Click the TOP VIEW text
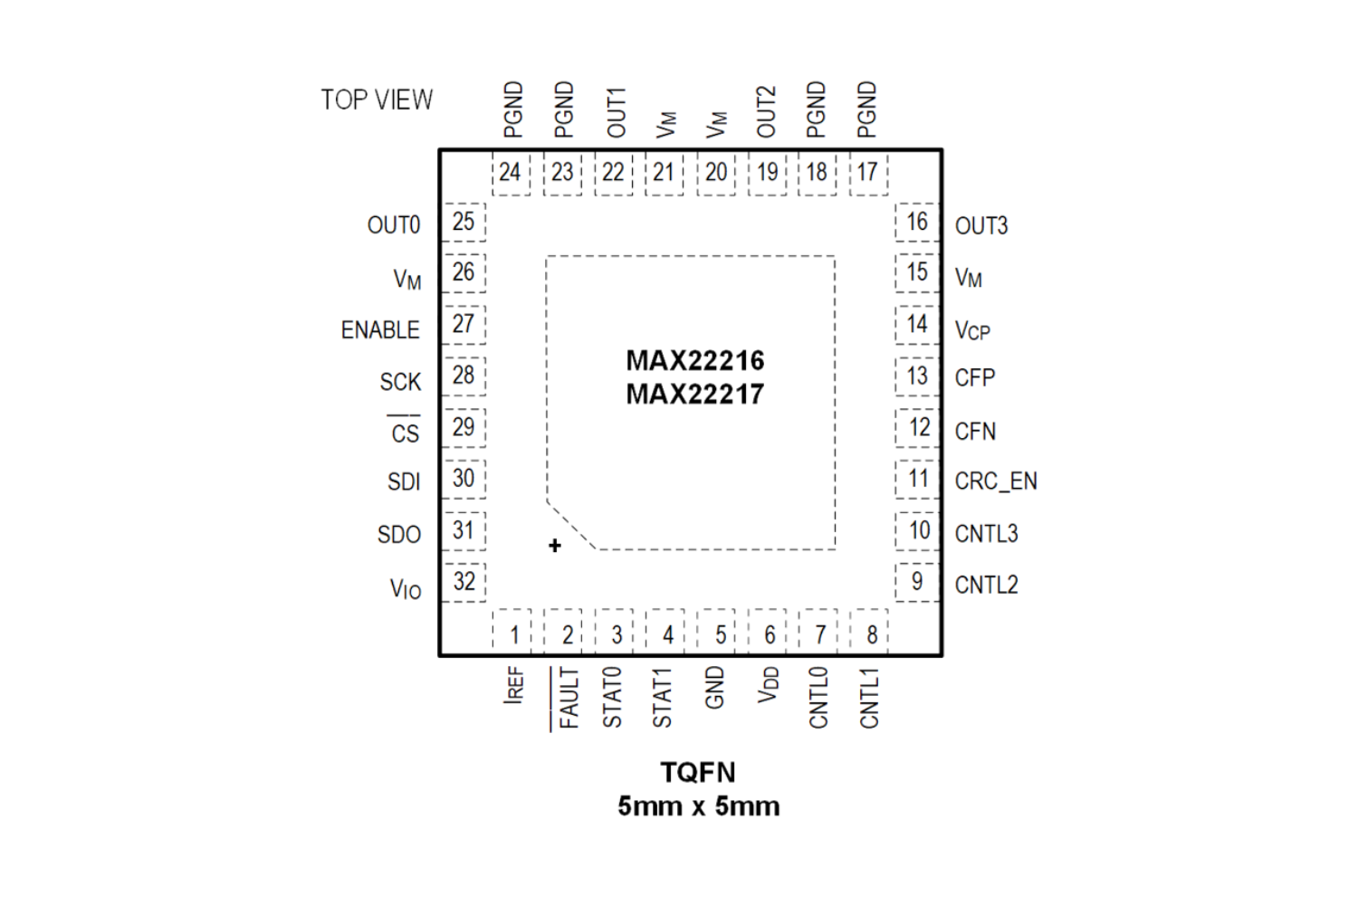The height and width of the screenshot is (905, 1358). pyautogui.click(x=377, y=100)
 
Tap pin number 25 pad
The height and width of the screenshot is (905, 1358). pyautogui.click(x=464, y=222)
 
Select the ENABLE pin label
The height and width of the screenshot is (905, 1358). pyautogui.click(x=380, y=330)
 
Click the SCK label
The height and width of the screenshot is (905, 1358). pyautogui.click(x=400, y=382)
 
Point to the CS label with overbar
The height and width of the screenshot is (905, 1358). pyautogui.click(x=405, y=433)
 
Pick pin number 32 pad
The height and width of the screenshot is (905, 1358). pyautogui.click(x=464, y=581)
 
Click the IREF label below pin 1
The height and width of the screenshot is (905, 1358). pyautogui.click(x=513, y=685)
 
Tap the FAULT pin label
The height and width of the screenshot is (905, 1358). pyautogui.click(x=568, y=698)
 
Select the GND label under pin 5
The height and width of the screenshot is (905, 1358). pyautogui.click(x=714, y=688)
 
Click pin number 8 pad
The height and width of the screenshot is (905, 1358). pyautogui.click(x=871, y=633)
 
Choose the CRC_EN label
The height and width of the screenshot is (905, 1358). pyautogui.click(x=996, y=481)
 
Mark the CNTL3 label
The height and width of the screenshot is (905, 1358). pyautogui.click(x=986, y=534)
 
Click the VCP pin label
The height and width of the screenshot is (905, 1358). pyautogui.click(x=972, y=331)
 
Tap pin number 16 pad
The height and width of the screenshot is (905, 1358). pyautogui.click(x=917, y=222)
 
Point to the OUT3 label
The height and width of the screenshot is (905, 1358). pyautogui.click(x=981, y=225)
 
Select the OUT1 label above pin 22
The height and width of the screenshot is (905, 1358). pyautogui.click(x=616, y=112)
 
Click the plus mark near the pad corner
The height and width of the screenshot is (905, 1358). pyautogui.click(x=555, y=545)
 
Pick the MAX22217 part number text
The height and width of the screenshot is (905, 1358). pyautogui.click(x=695, y=395)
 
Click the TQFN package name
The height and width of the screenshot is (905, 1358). pyautogui.click(x=698, y=772)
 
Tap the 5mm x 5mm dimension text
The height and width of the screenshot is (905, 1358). pyautogui.click(x=698, y=805)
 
